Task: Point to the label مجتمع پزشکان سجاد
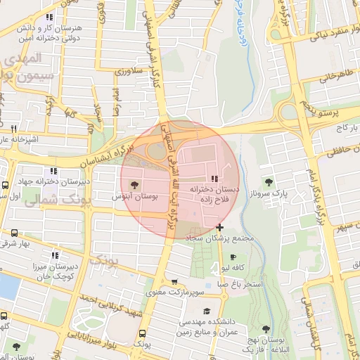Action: point(220,239)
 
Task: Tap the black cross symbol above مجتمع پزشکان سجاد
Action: point(220,227)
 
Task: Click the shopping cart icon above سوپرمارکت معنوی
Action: point(175,281)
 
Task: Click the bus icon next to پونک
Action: point(143,333)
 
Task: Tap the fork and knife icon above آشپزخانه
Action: point(13,129)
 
